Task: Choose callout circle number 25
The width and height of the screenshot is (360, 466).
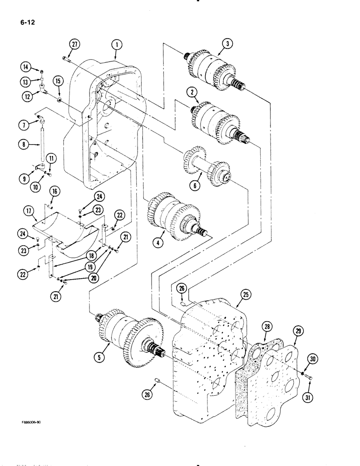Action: [x=246, y=294]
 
